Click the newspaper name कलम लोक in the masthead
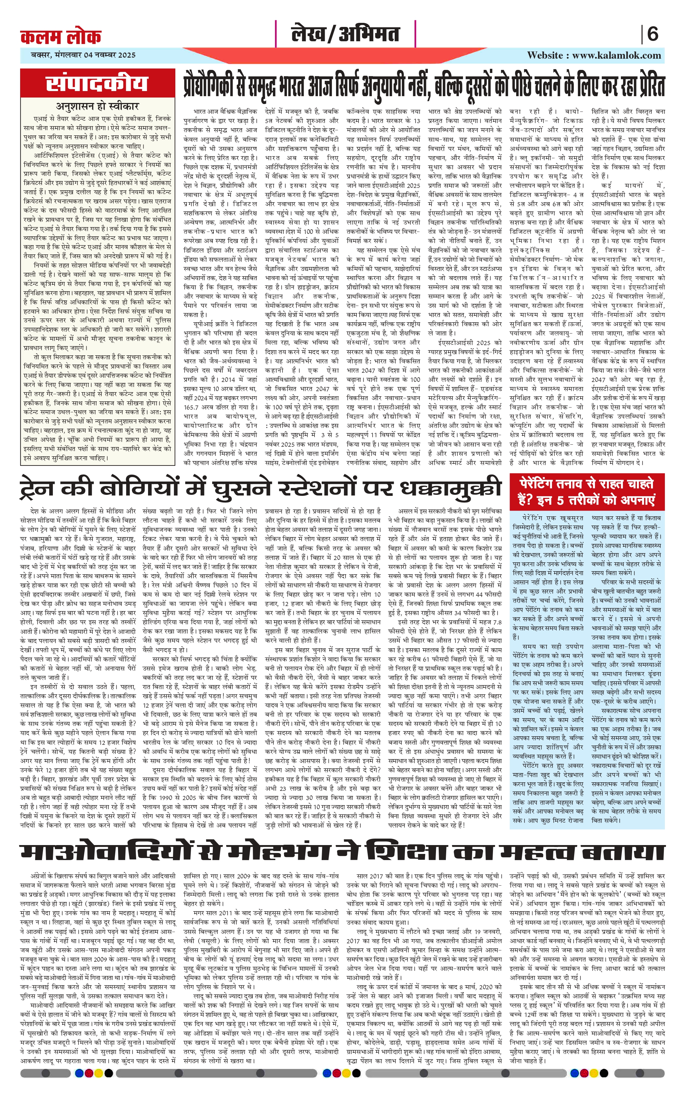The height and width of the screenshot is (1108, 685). [61, 36]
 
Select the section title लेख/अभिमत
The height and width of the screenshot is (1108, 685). [345, 34]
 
